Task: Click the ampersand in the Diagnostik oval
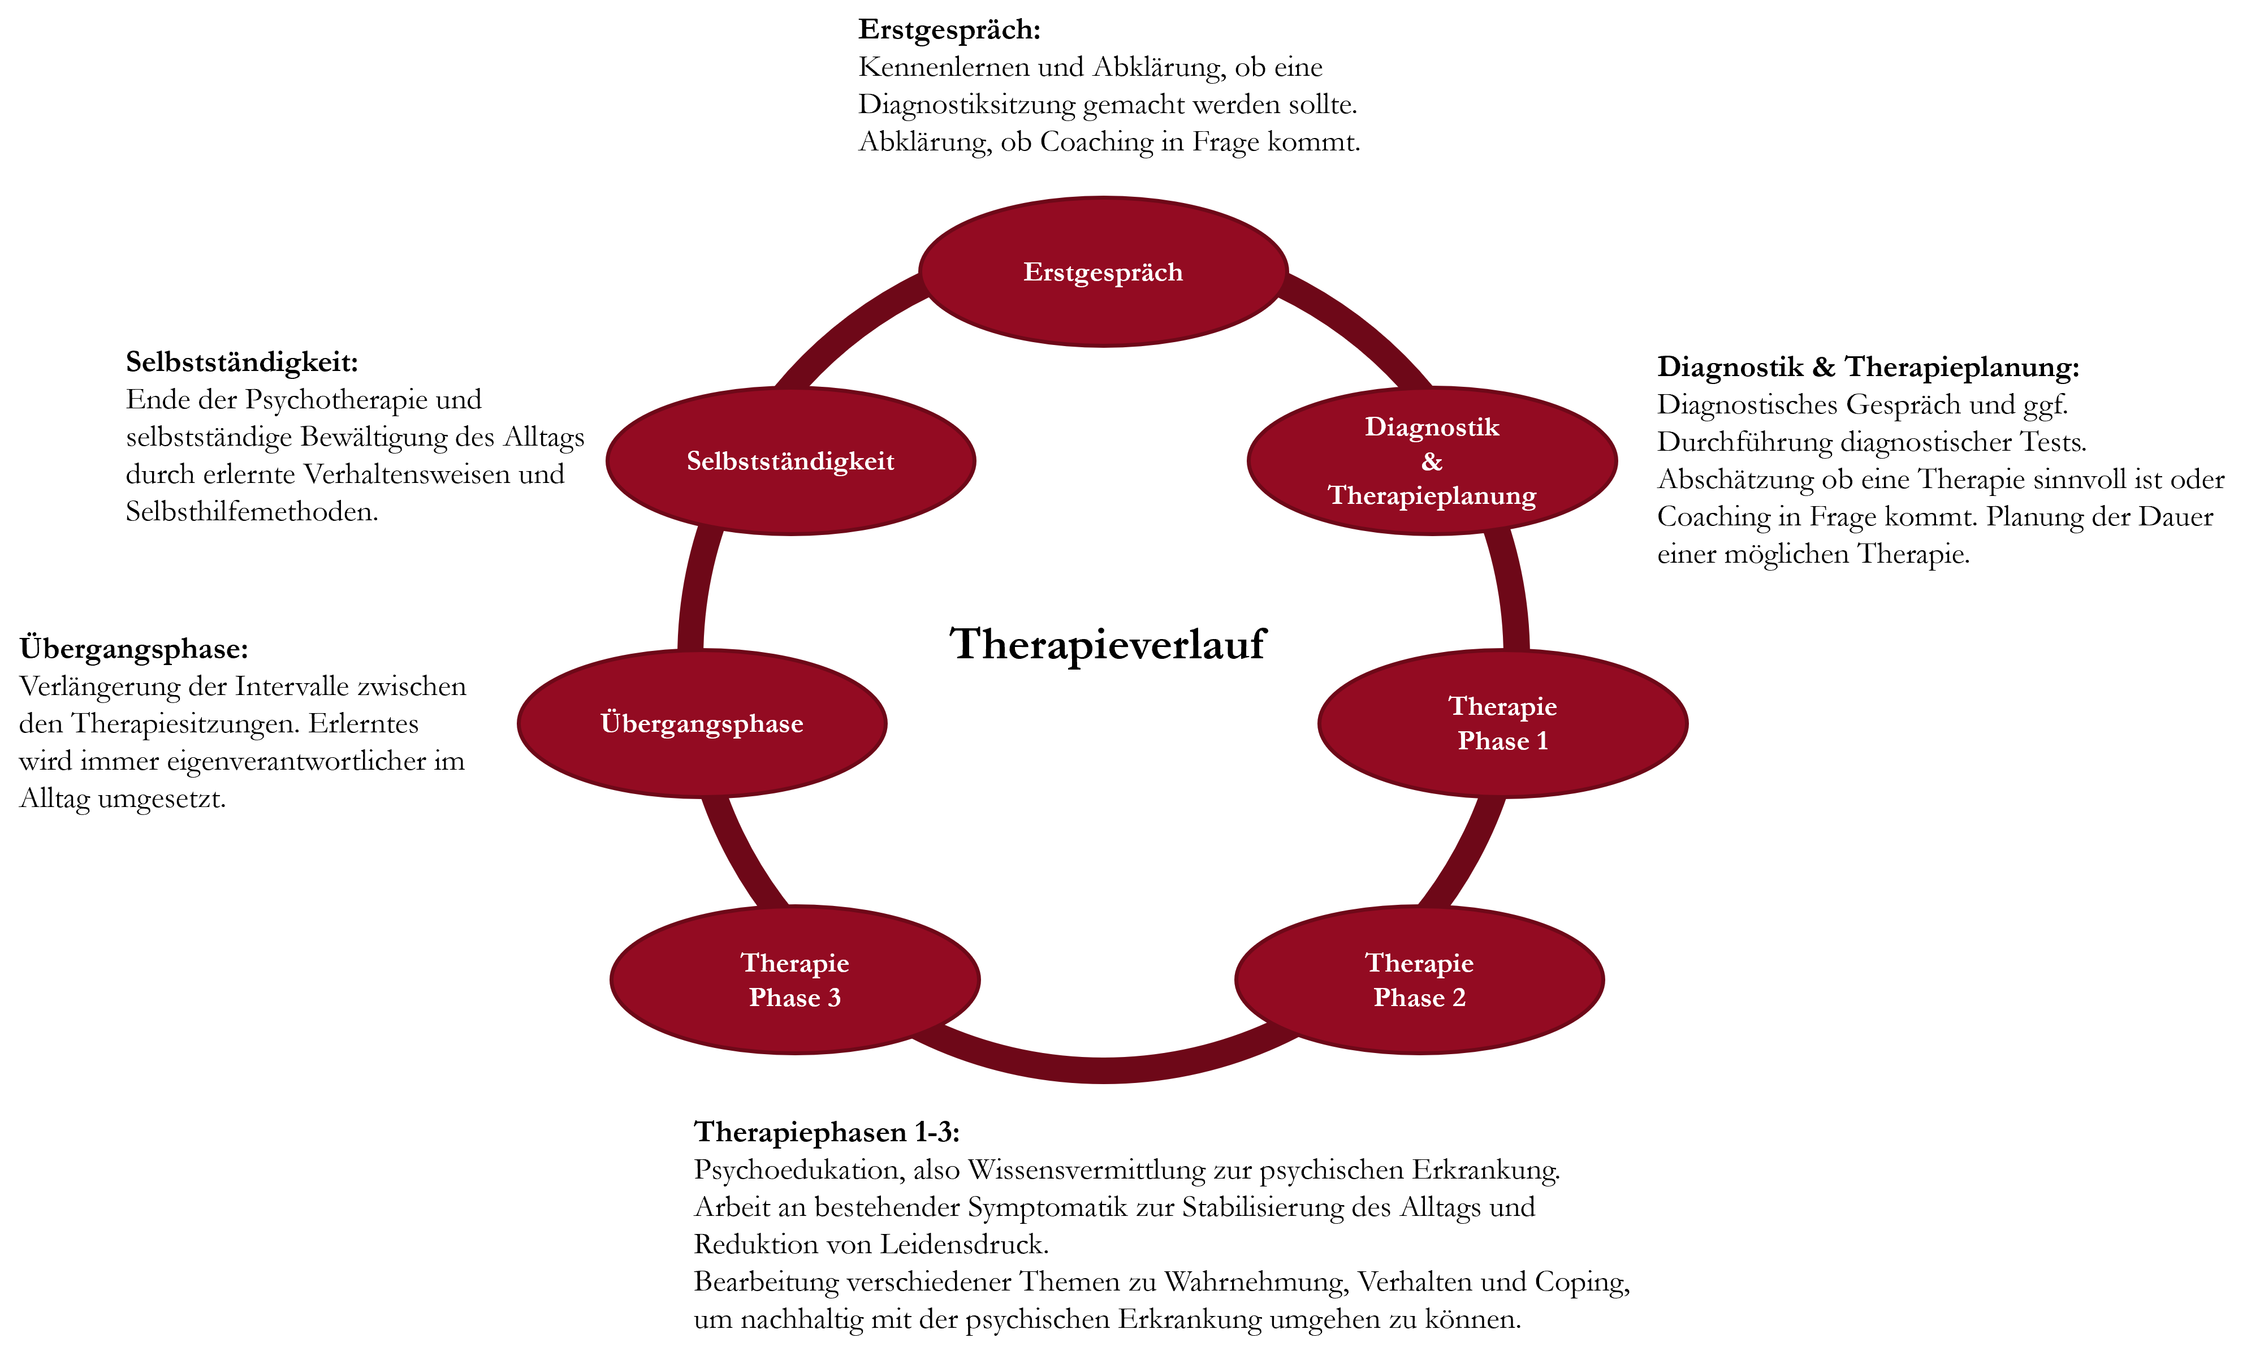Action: (x=1431, y=461)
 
